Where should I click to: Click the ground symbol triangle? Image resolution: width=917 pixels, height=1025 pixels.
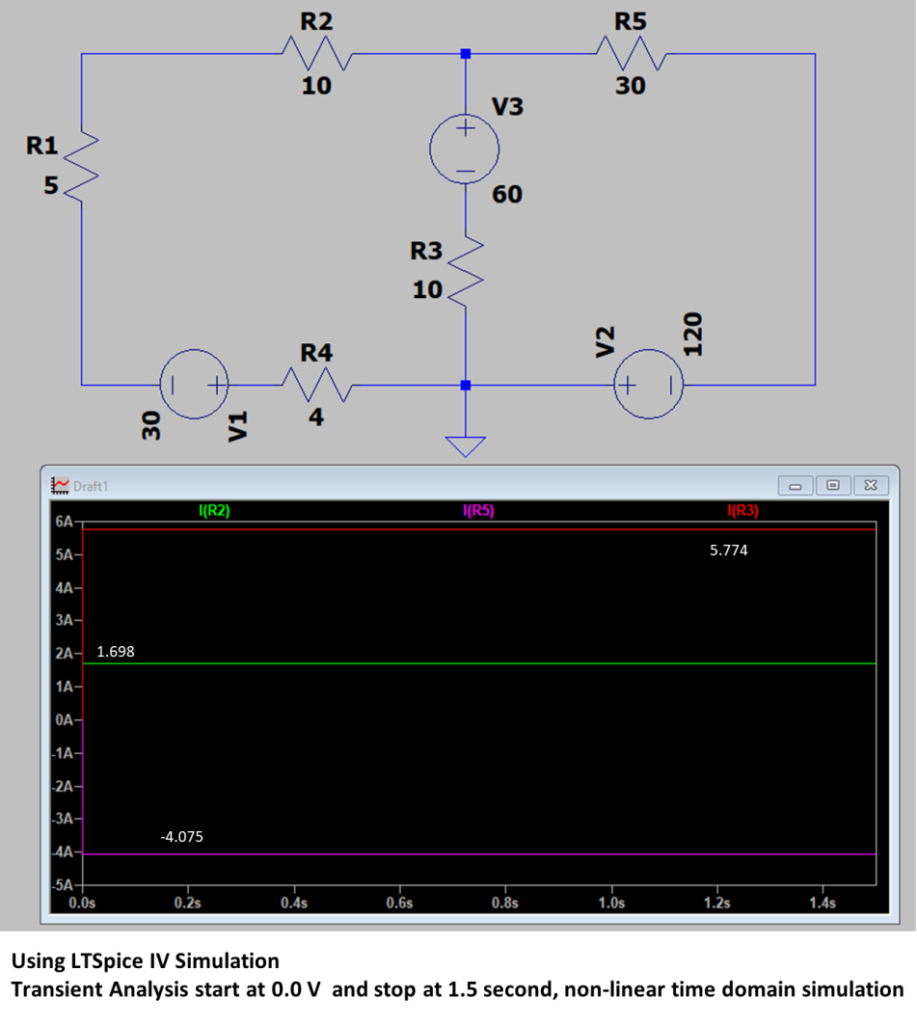tap(466, 446)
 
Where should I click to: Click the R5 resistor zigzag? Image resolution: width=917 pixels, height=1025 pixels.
tap(632, 54)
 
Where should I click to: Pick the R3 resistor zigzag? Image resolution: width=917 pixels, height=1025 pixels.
tap(466, 271)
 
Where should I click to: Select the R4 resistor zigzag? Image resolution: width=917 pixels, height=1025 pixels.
tap(317, 385)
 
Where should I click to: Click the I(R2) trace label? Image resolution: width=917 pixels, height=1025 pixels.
tap(214, 510)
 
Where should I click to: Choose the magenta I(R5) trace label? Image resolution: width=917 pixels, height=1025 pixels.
tap(478, 510)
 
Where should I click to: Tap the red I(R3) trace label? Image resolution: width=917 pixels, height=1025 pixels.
tap(743, 510)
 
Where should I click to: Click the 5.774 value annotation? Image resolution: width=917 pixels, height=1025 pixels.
tap(729, 551)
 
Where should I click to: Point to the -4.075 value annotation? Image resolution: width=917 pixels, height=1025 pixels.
tap(181, 837)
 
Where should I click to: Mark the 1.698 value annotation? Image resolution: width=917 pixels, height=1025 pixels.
tap(116, 652)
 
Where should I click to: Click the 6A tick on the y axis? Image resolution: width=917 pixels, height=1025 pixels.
tap(64, 522)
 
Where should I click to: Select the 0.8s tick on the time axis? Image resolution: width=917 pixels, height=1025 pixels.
tap(505, 903)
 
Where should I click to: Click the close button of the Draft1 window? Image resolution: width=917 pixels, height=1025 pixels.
tap(871, 485)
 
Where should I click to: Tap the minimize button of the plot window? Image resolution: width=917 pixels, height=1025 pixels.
tap(796, 486)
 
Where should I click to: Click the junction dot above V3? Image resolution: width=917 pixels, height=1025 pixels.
tap(466, 54)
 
